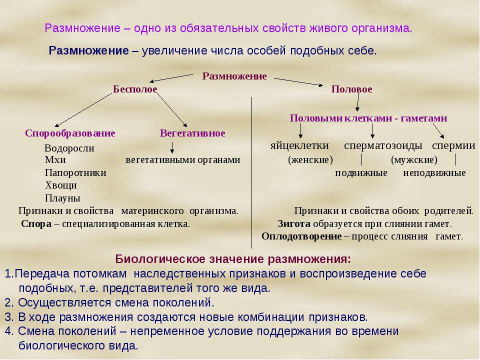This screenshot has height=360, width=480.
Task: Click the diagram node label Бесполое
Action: [135, 89]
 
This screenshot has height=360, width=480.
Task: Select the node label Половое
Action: [351, 89]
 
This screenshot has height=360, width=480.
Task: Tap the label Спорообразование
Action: [70, 133]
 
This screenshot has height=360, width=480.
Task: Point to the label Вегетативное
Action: [192, 133]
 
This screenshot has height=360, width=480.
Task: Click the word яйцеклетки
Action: [299, 145]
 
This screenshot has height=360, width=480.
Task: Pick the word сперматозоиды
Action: [383, 145]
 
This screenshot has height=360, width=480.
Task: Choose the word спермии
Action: [453, 145]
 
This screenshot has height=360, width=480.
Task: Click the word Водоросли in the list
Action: [69, 148]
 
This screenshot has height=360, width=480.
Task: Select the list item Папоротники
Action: [75, 173]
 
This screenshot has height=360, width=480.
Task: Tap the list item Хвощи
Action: [60, 185]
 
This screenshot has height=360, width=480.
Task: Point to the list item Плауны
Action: [62, 197]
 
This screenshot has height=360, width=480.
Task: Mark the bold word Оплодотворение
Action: [301, 236]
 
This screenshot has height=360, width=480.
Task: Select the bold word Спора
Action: [36, 223]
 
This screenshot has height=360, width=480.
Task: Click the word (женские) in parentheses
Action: [310, 160]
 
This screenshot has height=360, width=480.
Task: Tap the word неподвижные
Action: [434, 173]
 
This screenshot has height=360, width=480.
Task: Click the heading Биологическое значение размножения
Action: [233, 259]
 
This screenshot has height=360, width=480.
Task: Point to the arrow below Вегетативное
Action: [172, 147]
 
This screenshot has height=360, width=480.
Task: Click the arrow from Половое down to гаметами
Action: [357, 103]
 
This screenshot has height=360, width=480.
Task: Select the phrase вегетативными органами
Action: [182, 160]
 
